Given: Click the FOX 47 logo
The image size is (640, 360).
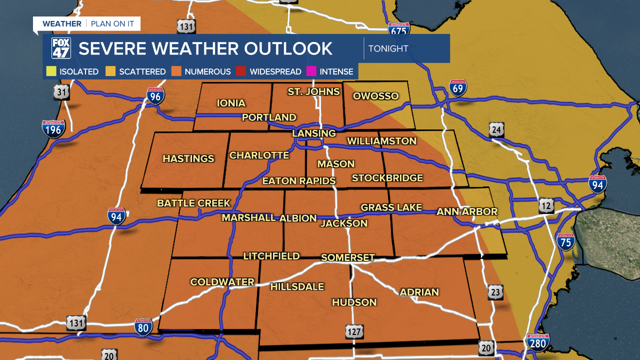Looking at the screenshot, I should [61, 48].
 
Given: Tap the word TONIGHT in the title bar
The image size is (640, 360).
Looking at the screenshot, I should [388, 48].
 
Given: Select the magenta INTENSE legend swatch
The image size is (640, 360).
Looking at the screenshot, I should [311, 71].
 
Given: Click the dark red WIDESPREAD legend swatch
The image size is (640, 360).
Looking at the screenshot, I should [241, 71].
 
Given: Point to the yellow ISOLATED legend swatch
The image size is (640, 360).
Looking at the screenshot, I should [51, 71].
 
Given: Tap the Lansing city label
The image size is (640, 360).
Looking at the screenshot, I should [314, 133].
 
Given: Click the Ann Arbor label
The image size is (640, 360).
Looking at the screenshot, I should [467, 211].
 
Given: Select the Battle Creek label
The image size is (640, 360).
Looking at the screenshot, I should [194, 203].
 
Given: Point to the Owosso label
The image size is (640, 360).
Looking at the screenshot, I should [375, 96].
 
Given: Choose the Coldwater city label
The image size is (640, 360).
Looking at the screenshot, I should [222, 282].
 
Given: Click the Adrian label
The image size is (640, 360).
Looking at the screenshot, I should [419, 292].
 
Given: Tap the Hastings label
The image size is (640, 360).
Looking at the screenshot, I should [188, 158].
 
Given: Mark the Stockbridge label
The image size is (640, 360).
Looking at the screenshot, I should [387, 178].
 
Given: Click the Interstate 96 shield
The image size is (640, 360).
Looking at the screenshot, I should [155, 95].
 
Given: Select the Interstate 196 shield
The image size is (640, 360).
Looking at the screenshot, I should [53, 129].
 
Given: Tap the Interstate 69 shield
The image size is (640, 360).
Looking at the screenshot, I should [457, 87].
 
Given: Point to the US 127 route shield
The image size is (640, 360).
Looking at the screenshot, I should [354, 331].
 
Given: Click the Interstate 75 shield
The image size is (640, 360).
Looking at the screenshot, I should [566, 241].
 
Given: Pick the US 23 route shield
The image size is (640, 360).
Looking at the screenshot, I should [495, 292].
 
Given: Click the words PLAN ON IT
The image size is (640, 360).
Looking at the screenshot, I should [112, 23].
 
